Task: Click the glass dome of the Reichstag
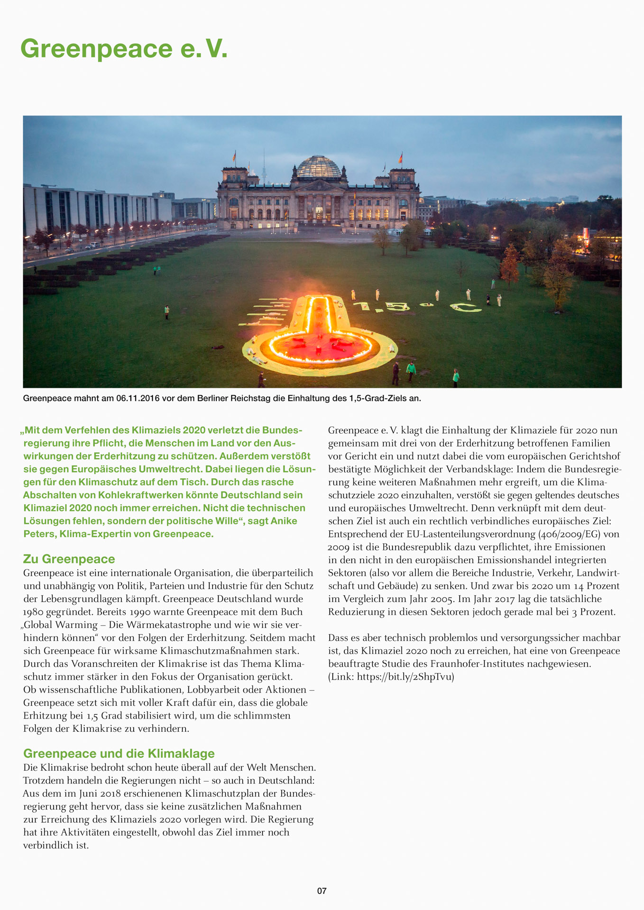[x=319, y=167]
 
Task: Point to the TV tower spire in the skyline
[x=264, y=164]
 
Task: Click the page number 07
[x=322, y=891]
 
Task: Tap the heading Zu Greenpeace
[x=69, y=559]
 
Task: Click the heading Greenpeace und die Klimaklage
[x=119, y=754]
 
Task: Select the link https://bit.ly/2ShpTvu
[x=405, y=677]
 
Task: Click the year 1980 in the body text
[x=33, y=612]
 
